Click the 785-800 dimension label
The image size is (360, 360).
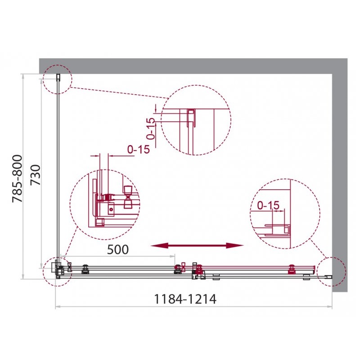pyautogui.click(x=18, y=179)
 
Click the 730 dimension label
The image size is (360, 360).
pyautogui.click(x=36, y=175)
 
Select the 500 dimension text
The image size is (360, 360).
pyautogui.click(x=118, y=250)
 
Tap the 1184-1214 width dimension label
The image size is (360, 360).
pyautogui.click(x=185, y=299)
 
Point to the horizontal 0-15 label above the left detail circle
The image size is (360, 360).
pyautogui.click(x=139, y=150)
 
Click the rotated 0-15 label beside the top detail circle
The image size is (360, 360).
pyautogui.click(x=151, y=129)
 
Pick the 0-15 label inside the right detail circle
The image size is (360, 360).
pyautogui.click(x=268, y=205)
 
